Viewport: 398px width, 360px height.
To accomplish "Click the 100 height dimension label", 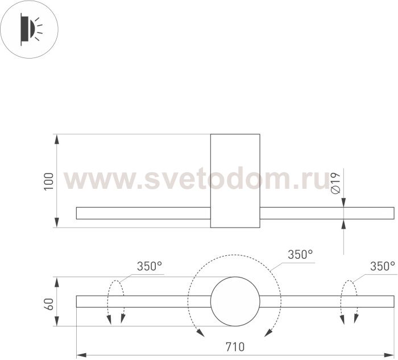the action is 49,181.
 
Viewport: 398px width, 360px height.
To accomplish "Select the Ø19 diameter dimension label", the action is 335,183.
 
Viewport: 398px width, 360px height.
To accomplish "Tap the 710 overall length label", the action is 235,347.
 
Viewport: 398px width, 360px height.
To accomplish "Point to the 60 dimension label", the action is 49,304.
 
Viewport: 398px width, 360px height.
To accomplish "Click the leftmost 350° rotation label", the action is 150,266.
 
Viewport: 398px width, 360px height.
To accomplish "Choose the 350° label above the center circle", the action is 300,254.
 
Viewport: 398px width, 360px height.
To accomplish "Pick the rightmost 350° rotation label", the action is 383,266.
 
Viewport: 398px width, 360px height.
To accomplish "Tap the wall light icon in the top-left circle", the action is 31,29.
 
